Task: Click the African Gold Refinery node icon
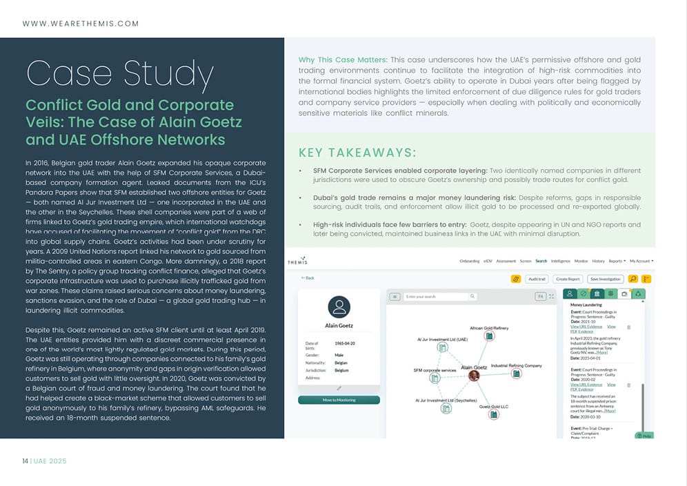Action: coord(489,336)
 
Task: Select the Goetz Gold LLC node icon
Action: coord(494,414)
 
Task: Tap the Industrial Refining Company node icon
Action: coord(516,373)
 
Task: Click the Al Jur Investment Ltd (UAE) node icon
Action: coord(443,347)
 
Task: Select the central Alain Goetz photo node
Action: coord(474,376)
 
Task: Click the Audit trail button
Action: coord(537,279)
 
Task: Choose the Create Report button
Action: coord(568,279)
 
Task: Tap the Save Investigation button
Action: coord(605,279)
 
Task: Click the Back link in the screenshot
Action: coord(308,278)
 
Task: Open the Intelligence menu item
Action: coord(560,261)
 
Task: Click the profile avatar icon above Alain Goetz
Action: coord(339,307)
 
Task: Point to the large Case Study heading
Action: coord(119,74)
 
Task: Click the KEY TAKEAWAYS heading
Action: coord(357,153)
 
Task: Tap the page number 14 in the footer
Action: coord(25,460)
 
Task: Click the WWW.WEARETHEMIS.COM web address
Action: coord(81,23)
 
